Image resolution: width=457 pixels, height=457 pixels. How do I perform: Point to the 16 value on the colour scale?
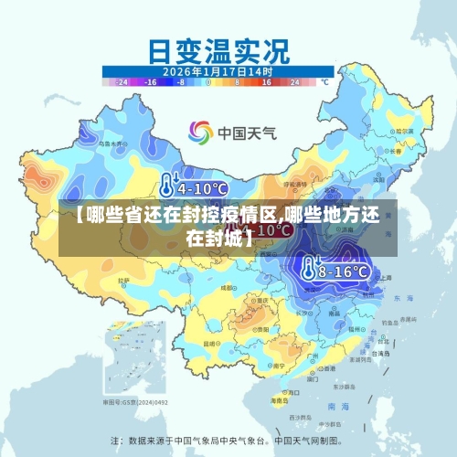pyautogui.click(x=266, y=81)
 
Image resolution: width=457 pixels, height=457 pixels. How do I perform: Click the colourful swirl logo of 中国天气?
pyautogui.click(x=199, y=133)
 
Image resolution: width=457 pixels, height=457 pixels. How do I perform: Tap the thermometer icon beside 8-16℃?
pyautogui.click(x=310, y=270)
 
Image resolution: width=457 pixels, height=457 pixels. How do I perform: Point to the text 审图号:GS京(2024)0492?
pyautogui.click(x=138, y=401)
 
